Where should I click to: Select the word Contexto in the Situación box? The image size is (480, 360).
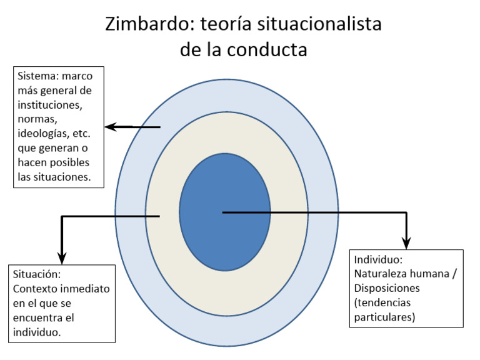pyautogui.click(x=36, y=289)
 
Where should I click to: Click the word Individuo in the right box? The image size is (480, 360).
pyautogui.click(x=377, y=259)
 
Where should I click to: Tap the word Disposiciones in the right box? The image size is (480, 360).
pyautogui.click(x=387, y=288)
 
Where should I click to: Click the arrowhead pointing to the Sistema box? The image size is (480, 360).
pyautogui.click(x=111, y=127)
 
